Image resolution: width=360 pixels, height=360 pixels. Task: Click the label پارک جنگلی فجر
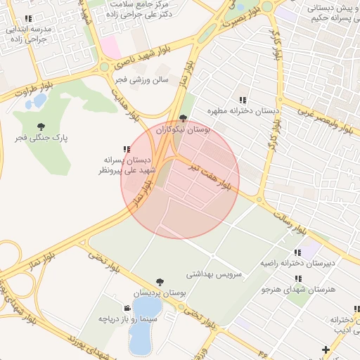[x=43, y=138]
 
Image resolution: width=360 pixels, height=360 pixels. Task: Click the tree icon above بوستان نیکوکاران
[x=184, y=119]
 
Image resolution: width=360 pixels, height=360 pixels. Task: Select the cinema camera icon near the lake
[x=127, y=309]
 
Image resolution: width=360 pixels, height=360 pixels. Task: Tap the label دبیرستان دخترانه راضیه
[x=319, y=263]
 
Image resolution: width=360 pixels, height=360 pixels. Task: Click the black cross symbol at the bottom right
[x=325, y=349]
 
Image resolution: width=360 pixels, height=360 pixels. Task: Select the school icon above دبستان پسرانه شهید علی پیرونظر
[x=127, y=149]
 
